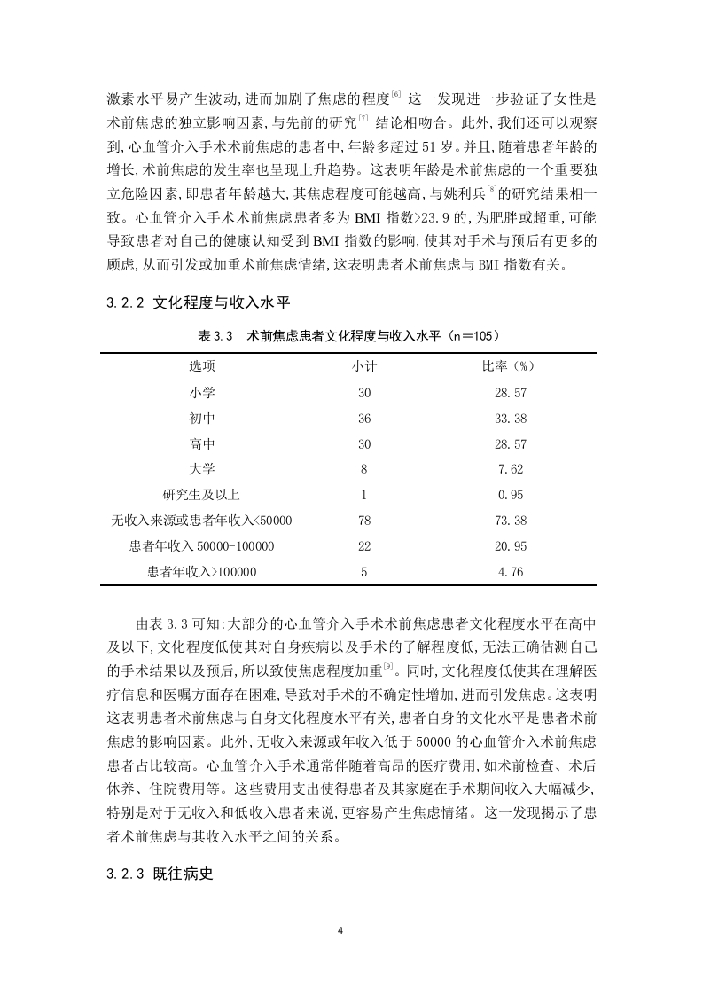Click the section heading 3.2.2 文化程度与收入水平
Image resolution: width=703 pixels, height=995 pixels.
pyautogui.click(x=198, y=302)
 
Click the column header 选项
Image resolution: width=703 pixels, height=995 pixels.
pyautogui.click(x=201, y=365)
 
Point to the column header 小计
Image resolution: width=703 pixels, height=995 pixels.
pyautogui.click(x=364, y=365)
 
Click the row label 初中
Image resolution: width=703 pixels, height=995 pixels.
pyautogui.click(x=201, y=418)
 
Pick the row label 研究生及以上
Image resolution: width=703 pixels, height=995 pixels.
pyautogui.click(x=201, y=495)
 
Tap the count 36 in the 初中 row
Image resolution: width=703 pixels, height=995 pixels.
pyautogui.click(x=364, y=418)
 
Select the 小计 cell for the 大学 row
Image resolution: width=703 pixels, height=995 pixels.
pyautogui.click(x=364, y=469)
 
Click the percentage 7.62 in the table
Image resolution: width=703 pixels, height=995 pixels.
pyautogui.click(x=511, y=469)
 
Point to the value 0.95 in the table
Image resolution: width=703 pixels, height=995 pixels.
pyautogui.click(x=511, y=495)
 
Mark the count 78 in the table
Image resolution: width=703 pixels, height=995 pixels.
pyautogui.click(x=364, y=521)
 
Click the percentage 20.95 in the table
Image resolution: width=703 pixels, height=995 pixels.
pyautogui.click(x=511, y=546)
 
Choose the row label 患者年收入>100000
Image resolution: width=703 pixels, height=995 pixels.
pyautogui.click(x=201, y=572)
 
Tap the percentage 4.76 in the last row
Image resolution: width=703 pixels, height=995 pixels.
pyautogui.click(x=511, y=572)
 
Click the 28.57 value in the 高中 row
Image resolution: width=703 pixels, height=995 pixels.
pyautogui.click(x=511, y=443)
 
